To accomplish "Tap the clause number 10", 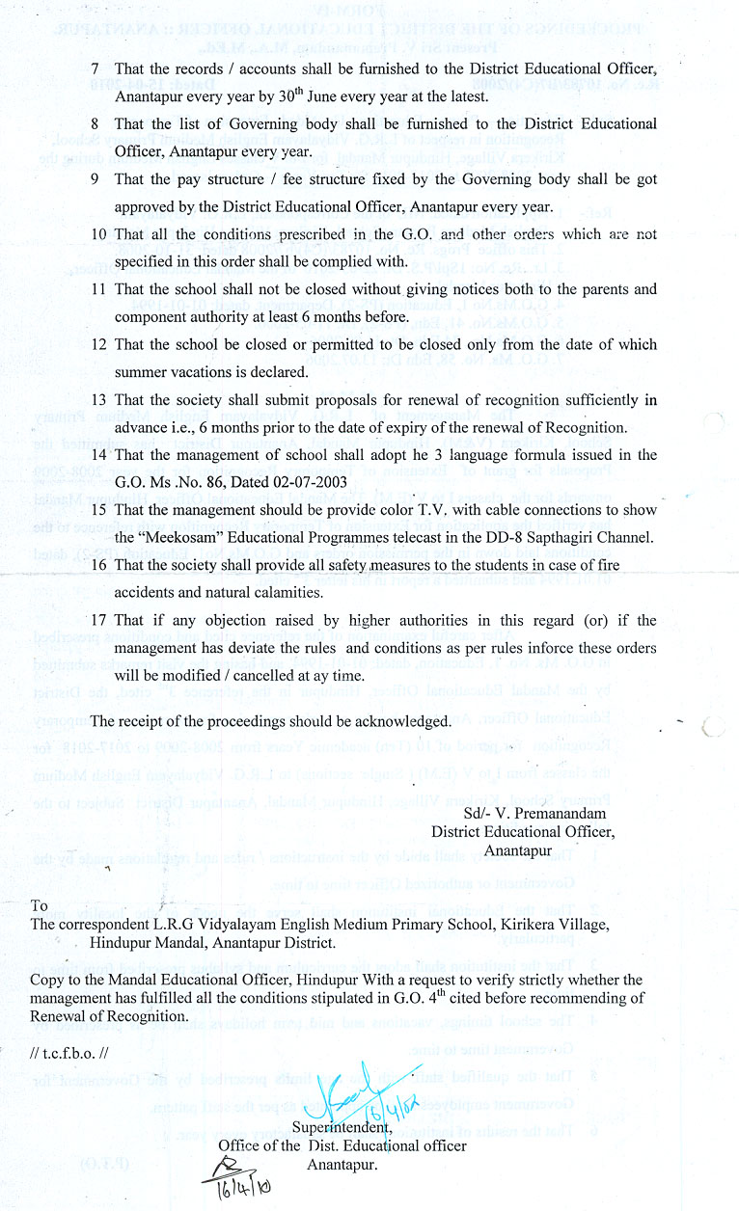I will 98,234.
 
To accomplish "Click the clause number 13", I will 98,399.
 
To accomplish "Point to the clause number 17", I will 98,620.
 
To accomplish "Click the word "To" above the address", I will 40,905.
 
